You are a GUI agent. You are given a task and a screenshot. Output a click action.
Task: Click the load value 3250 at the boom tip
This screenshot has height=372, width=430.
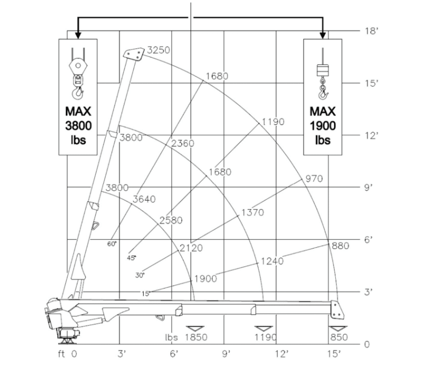[158, 51]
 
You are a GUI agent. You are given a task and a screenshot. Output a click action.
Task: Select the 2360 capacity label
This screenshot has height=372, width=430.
[182, 143]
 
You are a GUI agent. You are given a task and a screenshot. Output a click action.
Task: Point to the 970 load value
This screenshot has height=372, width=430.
[314, 179]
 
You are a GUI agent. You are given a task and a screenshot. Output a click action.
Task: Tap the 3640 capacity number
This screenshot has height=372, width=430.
[144, 199]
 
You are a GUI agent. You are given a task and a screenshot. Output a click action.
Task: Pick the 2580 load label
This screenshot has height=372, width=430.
[171, 220]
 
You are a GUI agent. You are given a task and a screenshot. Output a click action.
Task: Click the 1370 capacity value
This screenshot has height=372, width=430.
[253, 213]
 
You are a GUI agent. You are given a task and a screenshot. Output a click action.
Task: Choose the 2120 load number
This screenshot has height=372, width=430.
[191, 248]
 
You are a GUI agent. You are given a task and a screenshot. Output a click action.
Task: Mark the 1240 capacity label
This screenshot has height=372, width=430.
[272, 261]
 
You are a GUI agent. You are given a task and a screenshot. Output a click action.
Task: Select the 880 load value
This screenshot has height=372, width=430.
[341, 246]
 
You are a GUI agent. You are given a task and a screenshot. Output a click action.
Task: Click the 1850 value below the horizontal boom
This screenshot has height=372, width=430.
[196, 337]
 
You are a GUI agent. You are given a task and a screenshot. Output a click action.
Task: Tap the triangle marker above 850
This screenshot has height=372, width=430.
[338, 329]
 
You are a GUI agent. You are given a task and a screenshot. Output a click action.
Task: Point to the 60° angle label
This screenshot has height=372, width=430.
[112, 243]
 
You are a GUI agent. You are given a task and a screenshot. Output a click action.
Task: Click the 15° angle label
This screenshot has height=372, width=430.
[146, 293]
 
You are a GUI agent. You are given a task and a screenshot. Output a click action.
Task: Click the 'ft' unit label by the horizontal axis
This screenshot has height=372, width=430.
[62, 354]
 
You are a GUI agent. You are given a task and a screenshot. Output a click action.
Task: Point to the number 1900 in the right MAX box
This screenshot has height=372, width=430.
[323, 126]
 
